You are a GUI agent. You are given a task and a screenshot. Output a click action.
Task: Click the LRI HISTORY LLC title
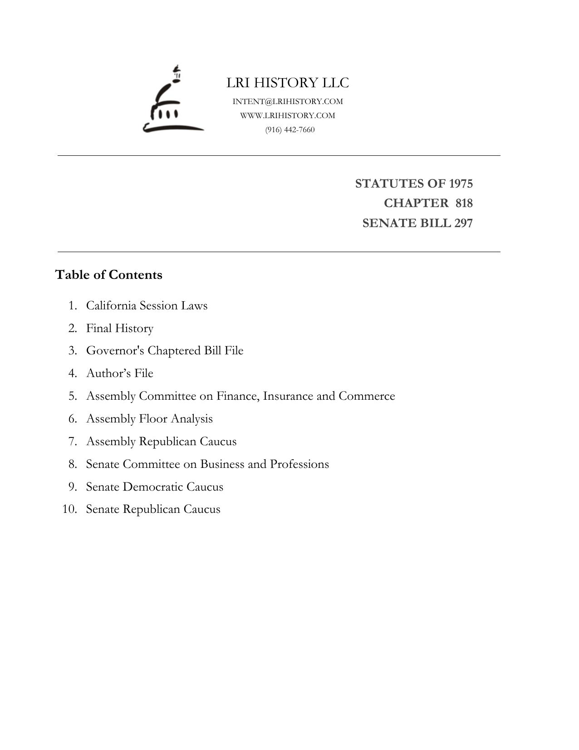tap(288, 83)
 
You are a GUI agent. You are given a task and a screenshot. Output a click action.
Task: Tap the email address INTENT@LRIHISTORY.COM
tap(288, 101)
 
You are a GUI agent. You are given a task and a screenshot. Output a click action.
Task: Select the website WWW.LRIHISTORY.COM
tap(288, 115)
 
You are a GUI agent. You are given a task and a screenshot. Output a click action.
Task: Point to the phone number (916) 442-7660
tap(290, 129)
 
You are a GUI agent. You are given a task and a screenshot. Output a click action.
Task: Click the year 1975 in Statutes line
tap(461, 184)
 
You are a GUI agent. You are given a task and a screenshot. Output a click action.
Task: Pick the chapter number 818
tap(464, 203)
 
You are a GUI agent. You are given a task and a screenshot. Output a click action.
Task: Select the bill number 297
tap(463, 223)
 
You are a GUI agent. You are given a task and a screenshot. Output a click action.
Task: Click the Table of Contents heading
tap(108, 275)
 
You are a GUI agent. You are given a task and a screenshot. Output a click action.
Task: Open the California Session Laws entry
tap(147, 305)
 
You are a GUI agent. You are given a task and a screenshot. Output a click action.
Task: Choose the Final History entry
tap(120, 328)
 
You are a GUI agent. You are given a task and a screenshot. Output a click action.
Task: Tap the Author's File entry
tap(120, 373)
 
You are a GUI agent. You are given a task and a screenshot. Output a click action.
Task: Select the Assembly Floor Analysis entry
tap(149, 419)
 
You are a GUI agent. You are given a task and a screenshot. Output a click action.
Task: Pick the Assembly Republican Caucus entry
tap(161, 442)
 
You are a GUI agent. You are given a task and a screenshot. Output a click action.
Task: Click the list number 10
tap(69, 509)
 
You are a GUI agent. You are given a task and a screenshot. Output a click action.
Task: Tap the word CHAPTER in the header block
tap(416, 203)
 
